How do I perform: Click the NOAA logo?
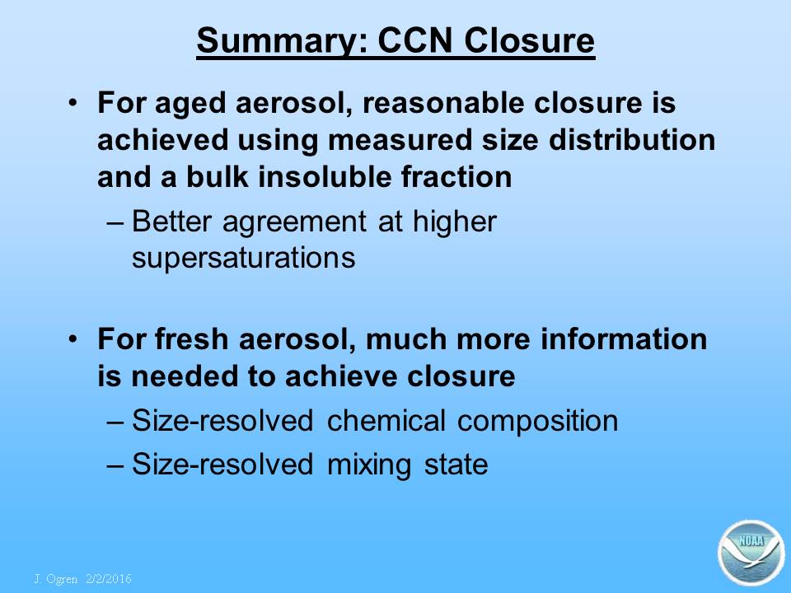[751, 553]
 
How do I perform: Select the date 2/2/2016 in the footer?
[109, 578]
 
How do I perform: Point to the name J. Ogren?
[56, 579]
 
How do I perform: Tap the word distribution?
[632, 140]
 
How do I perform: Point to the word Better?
[171, 221]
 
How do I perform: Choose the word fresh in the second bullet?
[192, 339]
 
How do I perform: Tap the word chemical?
[386, 421]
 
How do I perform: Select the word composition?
[538, 423]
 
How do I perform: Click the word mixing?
[369, 465]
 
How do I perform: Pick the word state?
[456, 465]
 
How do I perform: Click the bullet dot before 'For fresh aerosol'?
[73, 339]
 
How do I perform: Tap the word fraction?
[456, 177]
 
